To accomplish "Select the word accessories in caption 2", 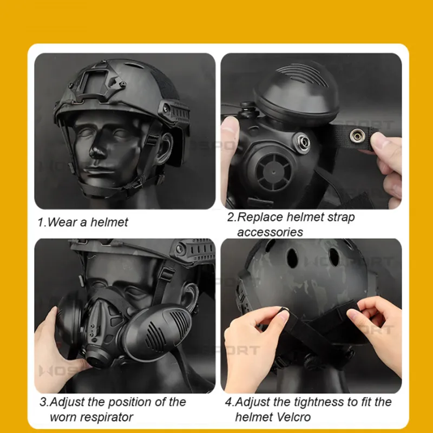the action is tap(270, 232).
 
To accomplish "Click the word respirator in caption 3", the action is tap(91, 417).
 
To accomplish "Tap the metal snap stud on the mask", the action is tap(301, 142).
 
